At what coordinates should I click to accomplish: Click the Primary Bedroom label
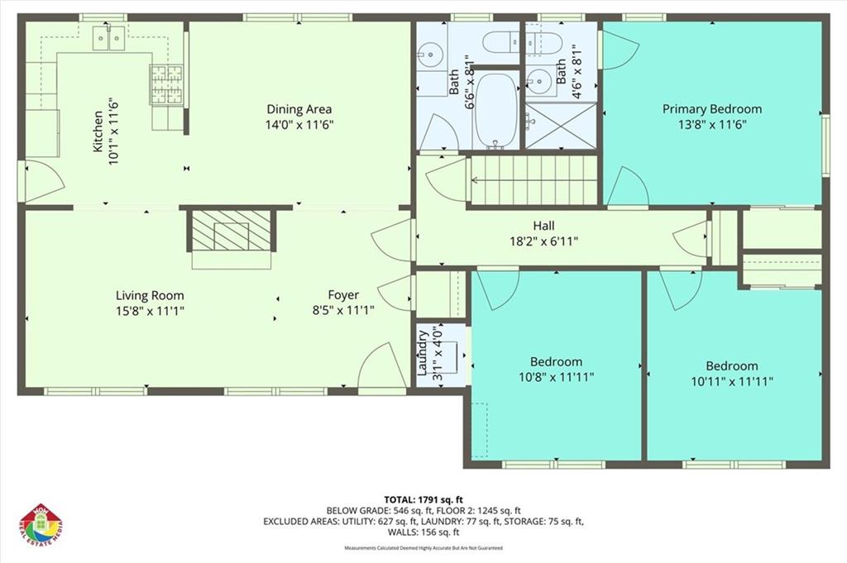[x=711, y=108]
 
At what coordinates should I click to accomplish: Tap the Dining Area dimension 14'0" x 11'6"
[x=299, y=125]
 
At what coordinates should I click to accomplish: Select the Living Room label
[x=150, y=295]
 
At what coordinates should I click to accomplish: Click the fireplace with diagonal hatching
[x=232, y=229]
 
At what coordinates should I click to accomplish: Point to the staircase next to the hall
[x=534, y=179]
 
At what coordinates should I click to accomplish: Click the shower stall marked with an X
[x=561, y=126]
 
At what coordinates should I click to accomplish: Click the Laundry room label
[x=423, y=353]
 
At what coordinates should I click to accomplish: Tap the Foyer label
[x=343, y=295]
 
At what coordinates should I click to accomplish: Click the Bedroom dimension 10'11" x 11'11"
[x=732, y=381]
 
